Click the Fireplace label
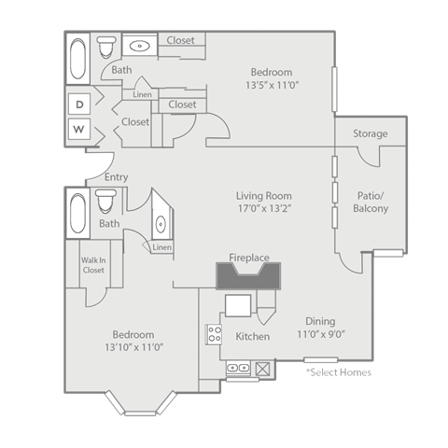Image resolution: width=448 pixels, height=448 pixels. point(249,257)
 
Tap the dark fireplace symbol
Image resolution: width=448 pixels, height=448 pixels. point(248,277)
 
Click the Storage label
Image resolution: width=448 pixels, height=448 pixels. point(370,134)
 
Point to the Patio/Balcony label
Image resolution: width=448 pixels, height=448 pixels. point(372,202)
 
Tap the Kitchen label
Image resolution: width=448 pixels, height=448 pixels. point(252,336)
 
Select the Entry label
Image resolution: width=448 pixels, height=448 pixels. point(117,177)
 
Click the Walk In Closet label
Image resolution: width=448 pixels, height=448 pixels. point(92,265)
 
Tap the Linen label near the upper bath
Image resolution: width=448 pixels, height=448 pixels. point(142,94)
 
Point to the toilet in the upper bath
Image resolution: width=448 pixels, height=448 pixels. point(107,47)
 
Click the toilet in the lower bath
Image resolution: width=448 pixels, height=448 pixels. point(106,200)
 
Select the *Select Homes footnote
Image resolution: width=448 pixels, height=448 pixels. point(338,371)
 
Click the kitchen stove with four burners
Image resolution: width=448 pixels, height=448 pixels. point(214,333)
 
